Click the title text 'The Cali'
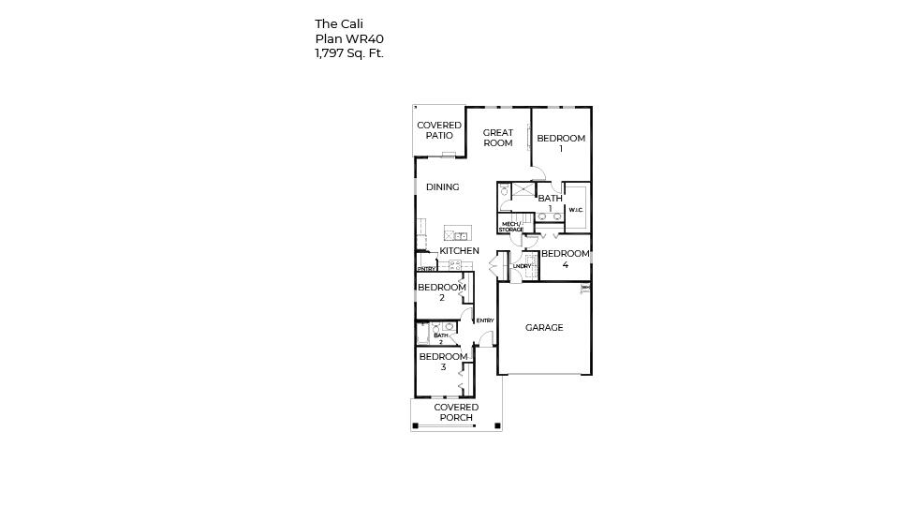click(338, 24)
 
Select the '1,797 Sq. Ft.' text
click(349, 54)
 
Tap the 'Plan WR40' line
click(348, 39)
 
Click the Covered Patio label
click(439, 130)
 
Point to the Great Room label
click(497, 138)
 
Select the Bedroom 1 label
click(561, 143)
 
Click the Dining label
click(442, 187)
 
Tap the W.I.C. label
click(576, 210)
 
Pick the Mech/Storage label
click(510, 227)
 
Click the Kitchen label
click(459, 251)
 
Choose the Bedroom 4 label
click(566, 259)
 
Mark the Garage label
click(544, 328)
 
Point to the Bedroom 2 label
click(442, 292)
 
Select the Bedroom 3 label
click(443, 362)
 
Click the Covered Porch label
click(456, 412)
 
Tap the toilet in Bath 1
click(504, 191)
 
